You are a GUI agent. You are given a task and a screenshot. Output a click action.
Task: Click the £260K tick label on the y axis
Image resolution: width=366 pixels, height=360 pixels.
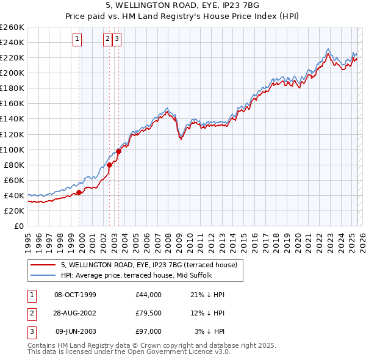12,27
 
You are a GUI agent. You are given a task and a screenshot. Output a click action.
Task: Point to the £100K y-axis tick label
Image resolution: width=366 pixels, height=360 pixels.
12,149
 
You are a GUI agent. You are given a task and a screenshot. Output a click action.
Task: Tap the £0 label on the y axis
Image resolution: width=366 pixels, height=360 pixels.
19,226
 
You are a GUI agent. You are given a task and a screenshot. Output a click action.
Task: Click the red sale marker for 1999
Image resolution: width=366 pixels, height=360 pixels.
79,192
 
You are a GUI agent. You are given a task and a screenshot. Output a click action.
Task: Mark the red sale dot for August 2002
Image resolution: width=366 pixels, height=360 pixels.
110,165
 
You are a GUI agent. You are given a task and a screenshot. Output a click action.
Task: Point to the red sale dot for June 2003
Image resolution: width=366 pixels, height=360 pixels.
118,151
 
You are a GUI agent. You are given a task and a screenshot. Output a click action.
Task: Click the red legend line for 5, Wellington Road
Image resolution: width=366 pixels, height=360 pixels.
43,265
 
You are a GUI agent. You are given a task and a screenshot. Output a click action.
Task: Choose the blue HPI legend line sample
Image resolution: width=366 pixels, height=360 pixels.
43,275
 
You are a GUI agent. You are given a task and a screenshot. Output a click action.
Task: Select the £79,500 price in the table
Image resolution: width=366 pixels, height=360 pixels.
149,313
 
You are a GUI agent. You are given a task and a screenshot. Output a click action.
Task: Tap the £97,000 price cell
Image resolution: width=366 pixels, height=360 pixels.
149,331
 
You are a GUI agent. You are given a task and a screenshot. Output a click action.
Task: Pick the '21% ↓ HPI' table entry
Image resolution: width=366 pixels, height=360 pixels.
207,295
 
